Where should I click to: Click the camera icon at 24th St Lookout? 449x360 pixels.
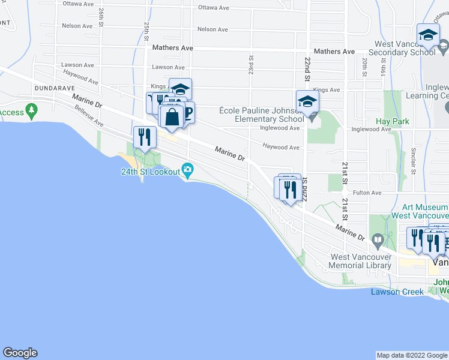point(187,171)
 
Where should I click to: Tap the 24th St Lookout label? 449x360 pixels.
point(150,172)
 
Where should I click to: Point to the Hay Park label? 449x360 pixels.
point(393,121)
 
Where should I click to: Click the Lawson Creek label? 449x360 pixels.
point(397,292)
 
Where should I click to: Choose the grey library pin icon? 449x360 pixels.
point(378,241)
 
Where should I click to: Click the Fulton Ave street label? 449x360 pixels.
point(367,193)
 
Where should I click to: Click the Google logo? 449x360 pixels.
point(20,353)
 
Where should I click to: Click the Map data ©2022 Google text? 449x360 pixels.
point(412,355)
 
